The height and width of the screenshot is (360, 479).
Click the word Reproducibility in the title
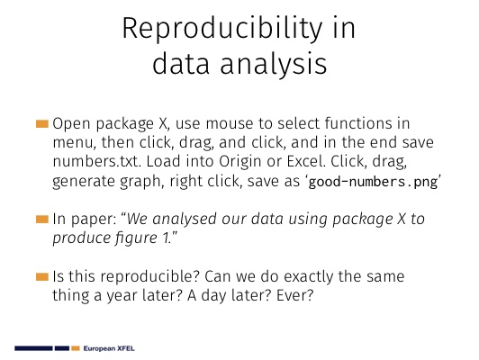click(222, 30)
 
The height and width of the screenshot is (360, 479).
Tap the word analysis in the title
click(274, 64)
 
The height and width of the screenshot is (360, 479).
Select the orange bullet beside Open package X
click(42, 124)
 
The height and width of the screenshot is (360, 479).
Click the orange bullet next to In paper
click(42, 220)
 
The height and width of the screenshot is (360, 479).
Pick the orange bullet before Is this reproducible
click(42, 277)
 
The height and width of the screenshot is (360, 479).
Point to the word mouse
click(230, 123)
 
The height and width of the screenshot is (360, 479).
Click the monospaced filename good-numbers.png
click(373, 182)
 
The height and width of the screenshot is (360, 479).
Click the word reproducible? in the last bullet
click(150, 277)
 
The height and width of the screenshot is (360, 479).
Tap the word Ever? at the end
click(294, 295)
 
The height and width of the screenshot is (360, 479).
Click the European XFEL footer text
click(109, 348)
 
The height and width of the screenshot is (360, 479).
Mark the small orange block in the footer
click(76, 348)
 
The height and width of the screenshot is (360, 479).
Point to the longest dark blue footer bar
click(33, 348)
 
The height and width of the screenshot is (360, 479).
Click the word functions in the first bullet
click(357, 123)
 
